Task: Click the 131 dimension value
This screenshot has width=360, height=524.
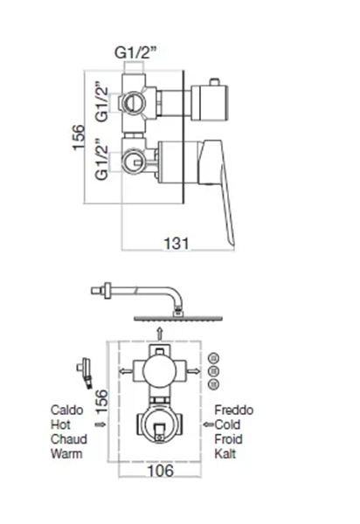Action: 177,244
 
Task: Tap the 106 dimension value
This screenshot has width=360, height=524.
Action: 161,471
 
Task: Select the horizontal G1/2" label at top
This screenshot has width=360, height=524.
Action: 135,52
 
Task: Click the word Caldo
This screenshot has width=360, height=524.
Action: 67,410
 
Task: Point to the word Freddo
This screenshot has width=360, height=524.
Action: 233,410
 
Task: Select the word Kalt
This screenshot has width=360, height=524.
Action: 225,454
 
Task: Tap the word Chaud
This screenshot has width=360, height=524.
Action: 69,439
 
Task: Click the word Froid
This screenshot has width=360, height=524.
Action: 228,439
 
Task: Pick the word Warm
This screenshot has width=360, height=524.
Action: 66,454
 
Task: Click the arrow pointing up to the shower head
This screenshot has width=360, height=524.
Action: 161,334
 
